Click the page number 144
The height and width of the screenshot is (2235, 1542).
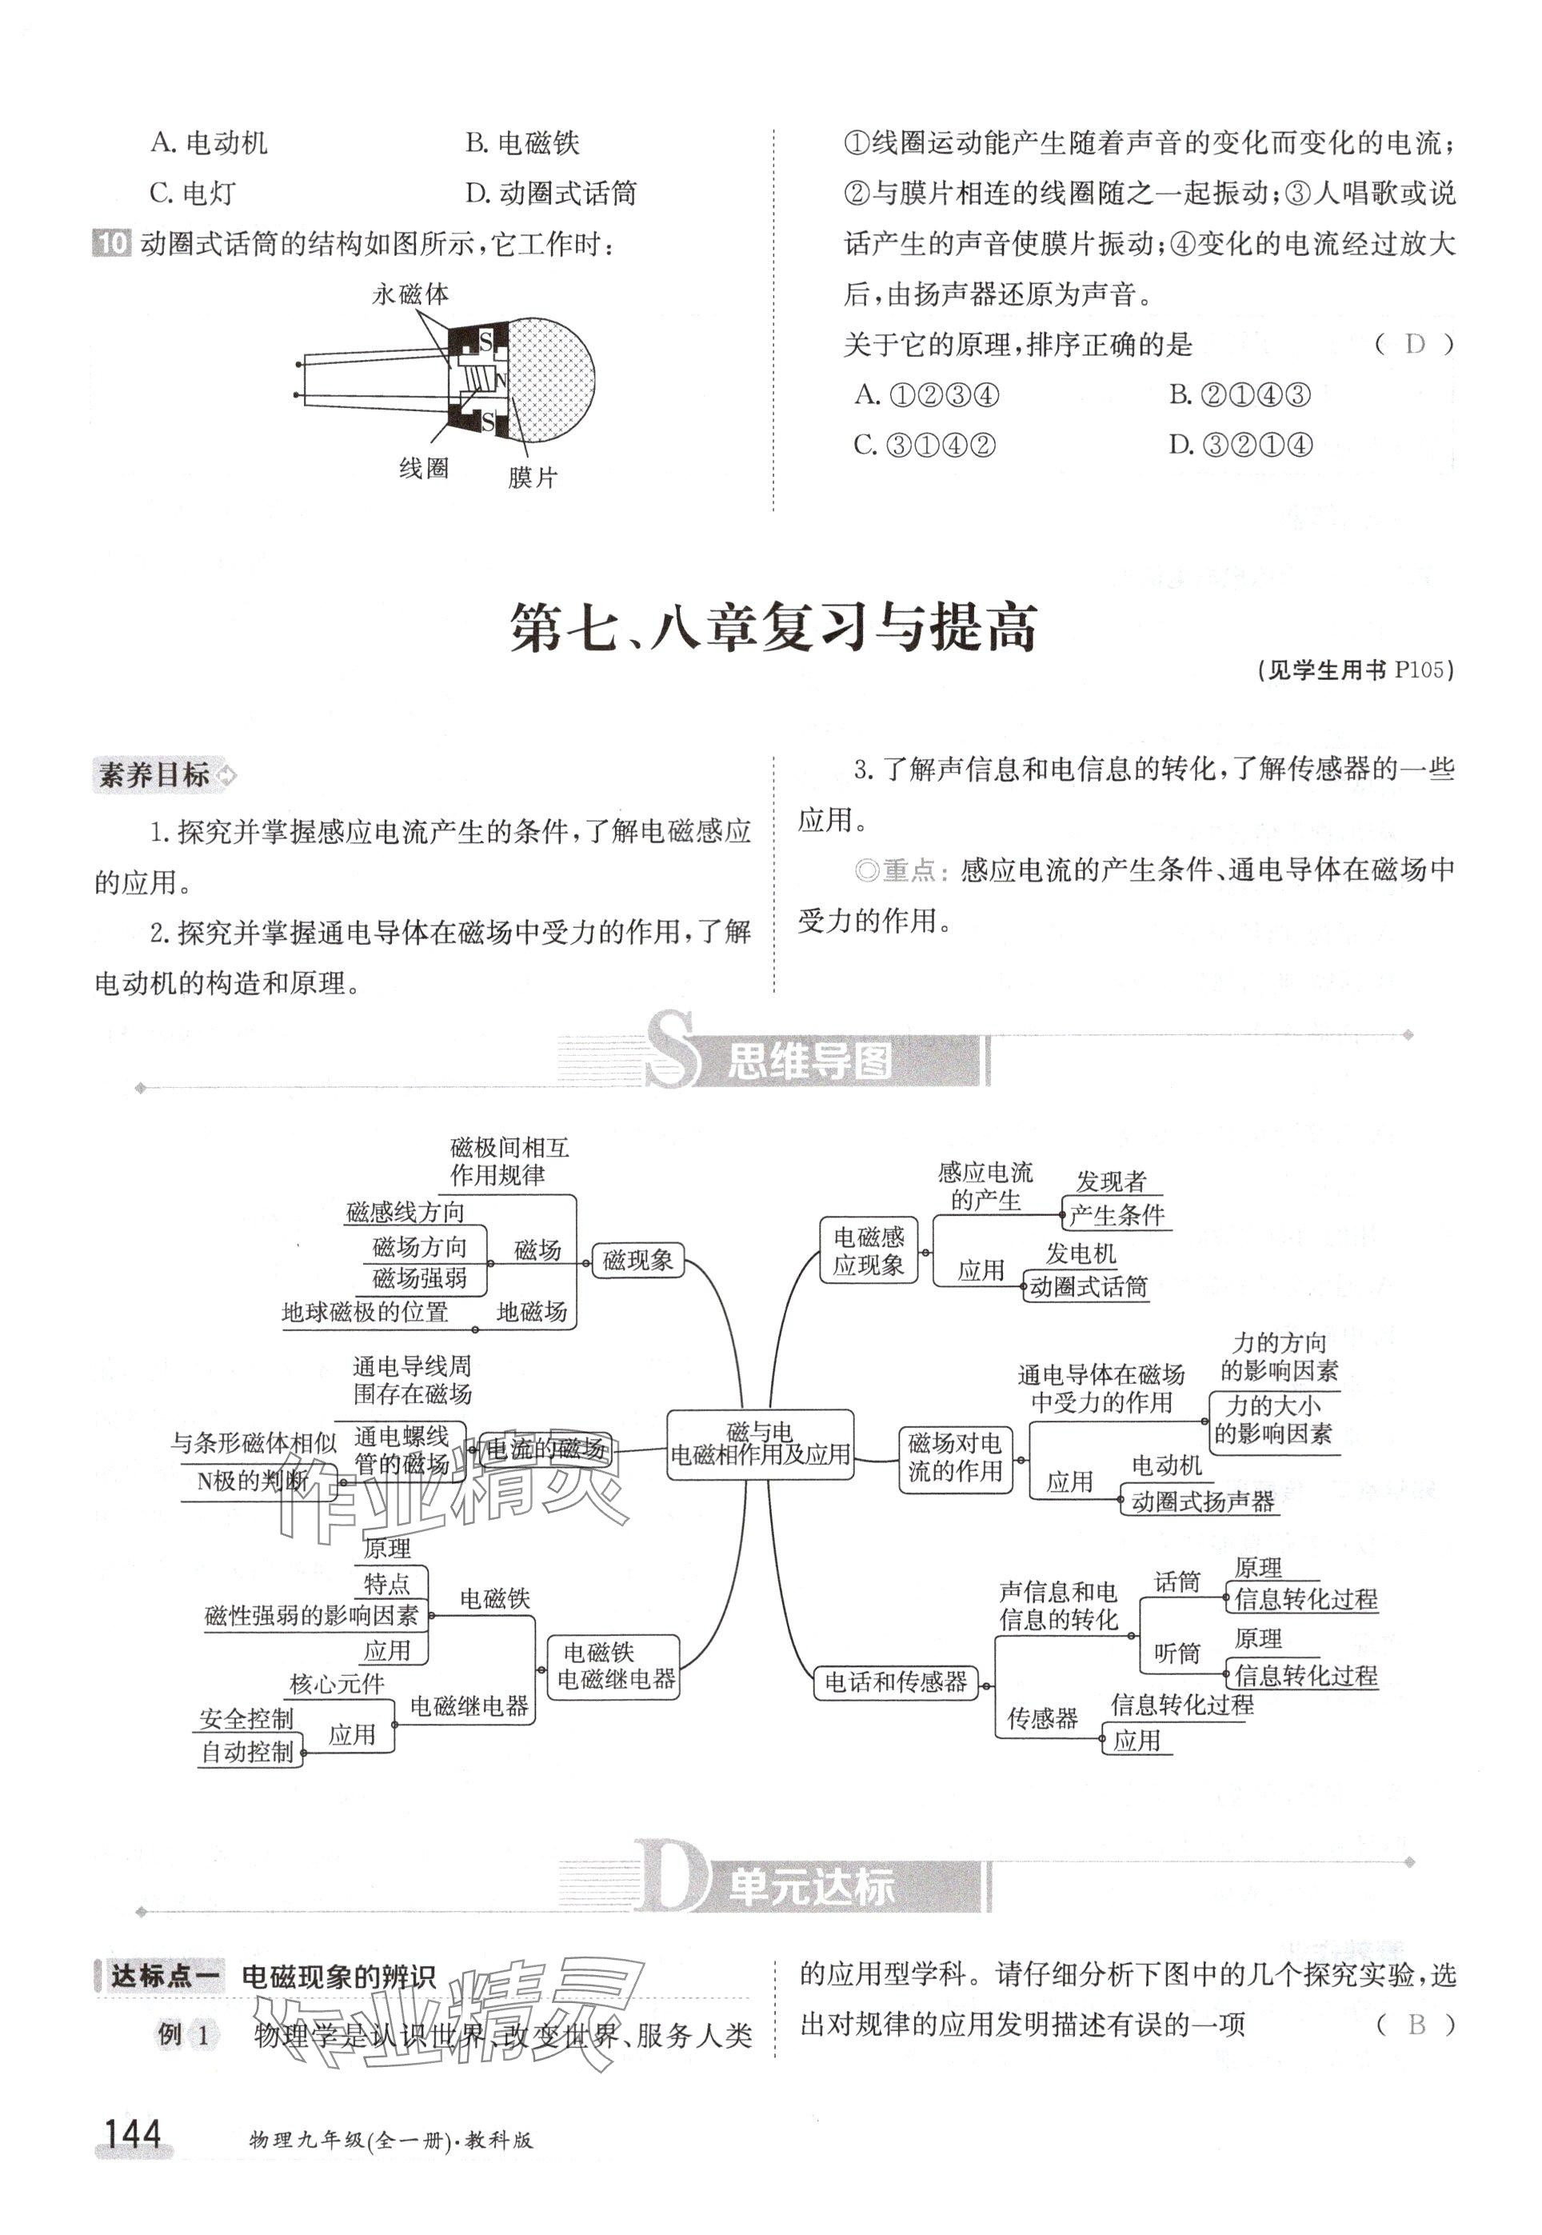coord(132,2132)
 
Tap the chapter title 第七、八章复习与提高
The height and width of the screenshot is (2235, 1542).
coord(773,627)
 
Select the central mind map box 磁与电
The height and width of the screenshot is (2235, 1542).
coord(760,1444)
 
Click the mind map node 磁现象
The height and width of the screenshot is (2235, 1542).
coord(637,1260)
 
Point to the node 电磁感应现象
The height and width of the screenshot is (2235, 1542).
coord(869,1250)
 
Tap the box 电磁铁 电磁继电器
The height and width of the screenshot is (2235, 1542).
coord(613,1666)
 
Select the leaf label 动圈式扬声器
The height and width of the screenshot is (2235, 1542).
coord(1203,1501)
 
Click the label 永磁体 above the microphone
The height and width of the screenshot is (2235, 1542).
coord(409,294)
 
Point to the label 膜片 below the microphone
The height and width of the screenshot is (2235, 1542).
coord(533,477)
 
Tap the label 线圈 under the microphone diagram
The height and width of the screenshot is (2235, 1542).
coord(423,469)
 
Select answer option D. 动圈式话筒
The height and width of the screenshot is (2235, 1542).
coord(551,194)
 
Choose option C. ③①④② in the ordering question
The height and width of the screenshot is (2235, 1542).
coord(925,445)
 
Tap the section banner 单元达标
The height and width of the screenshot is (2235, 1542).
coord(809,1887)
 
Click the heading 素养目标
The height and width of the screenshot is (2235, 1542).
coord(154,774)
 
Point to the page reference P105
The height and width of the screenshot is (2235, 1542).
coord(1422,670)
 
